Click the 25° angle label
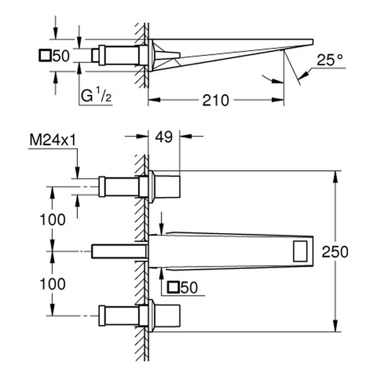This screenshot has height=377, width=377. (x=331, y=62)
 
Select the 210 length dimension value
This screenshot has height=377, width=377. (x=215, y=100)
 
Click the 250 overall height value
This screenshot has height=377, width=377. (x=353, y=251)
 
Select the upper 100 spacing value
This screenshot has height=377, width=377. (x=53, y=219)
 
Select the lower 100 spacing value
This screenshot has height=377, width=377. (x=53, y=284)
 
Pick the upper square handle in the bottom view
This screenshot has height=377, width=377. (x=167, y=186)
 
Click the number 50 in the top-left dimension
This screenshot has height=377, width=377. (x=61, y=56)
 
